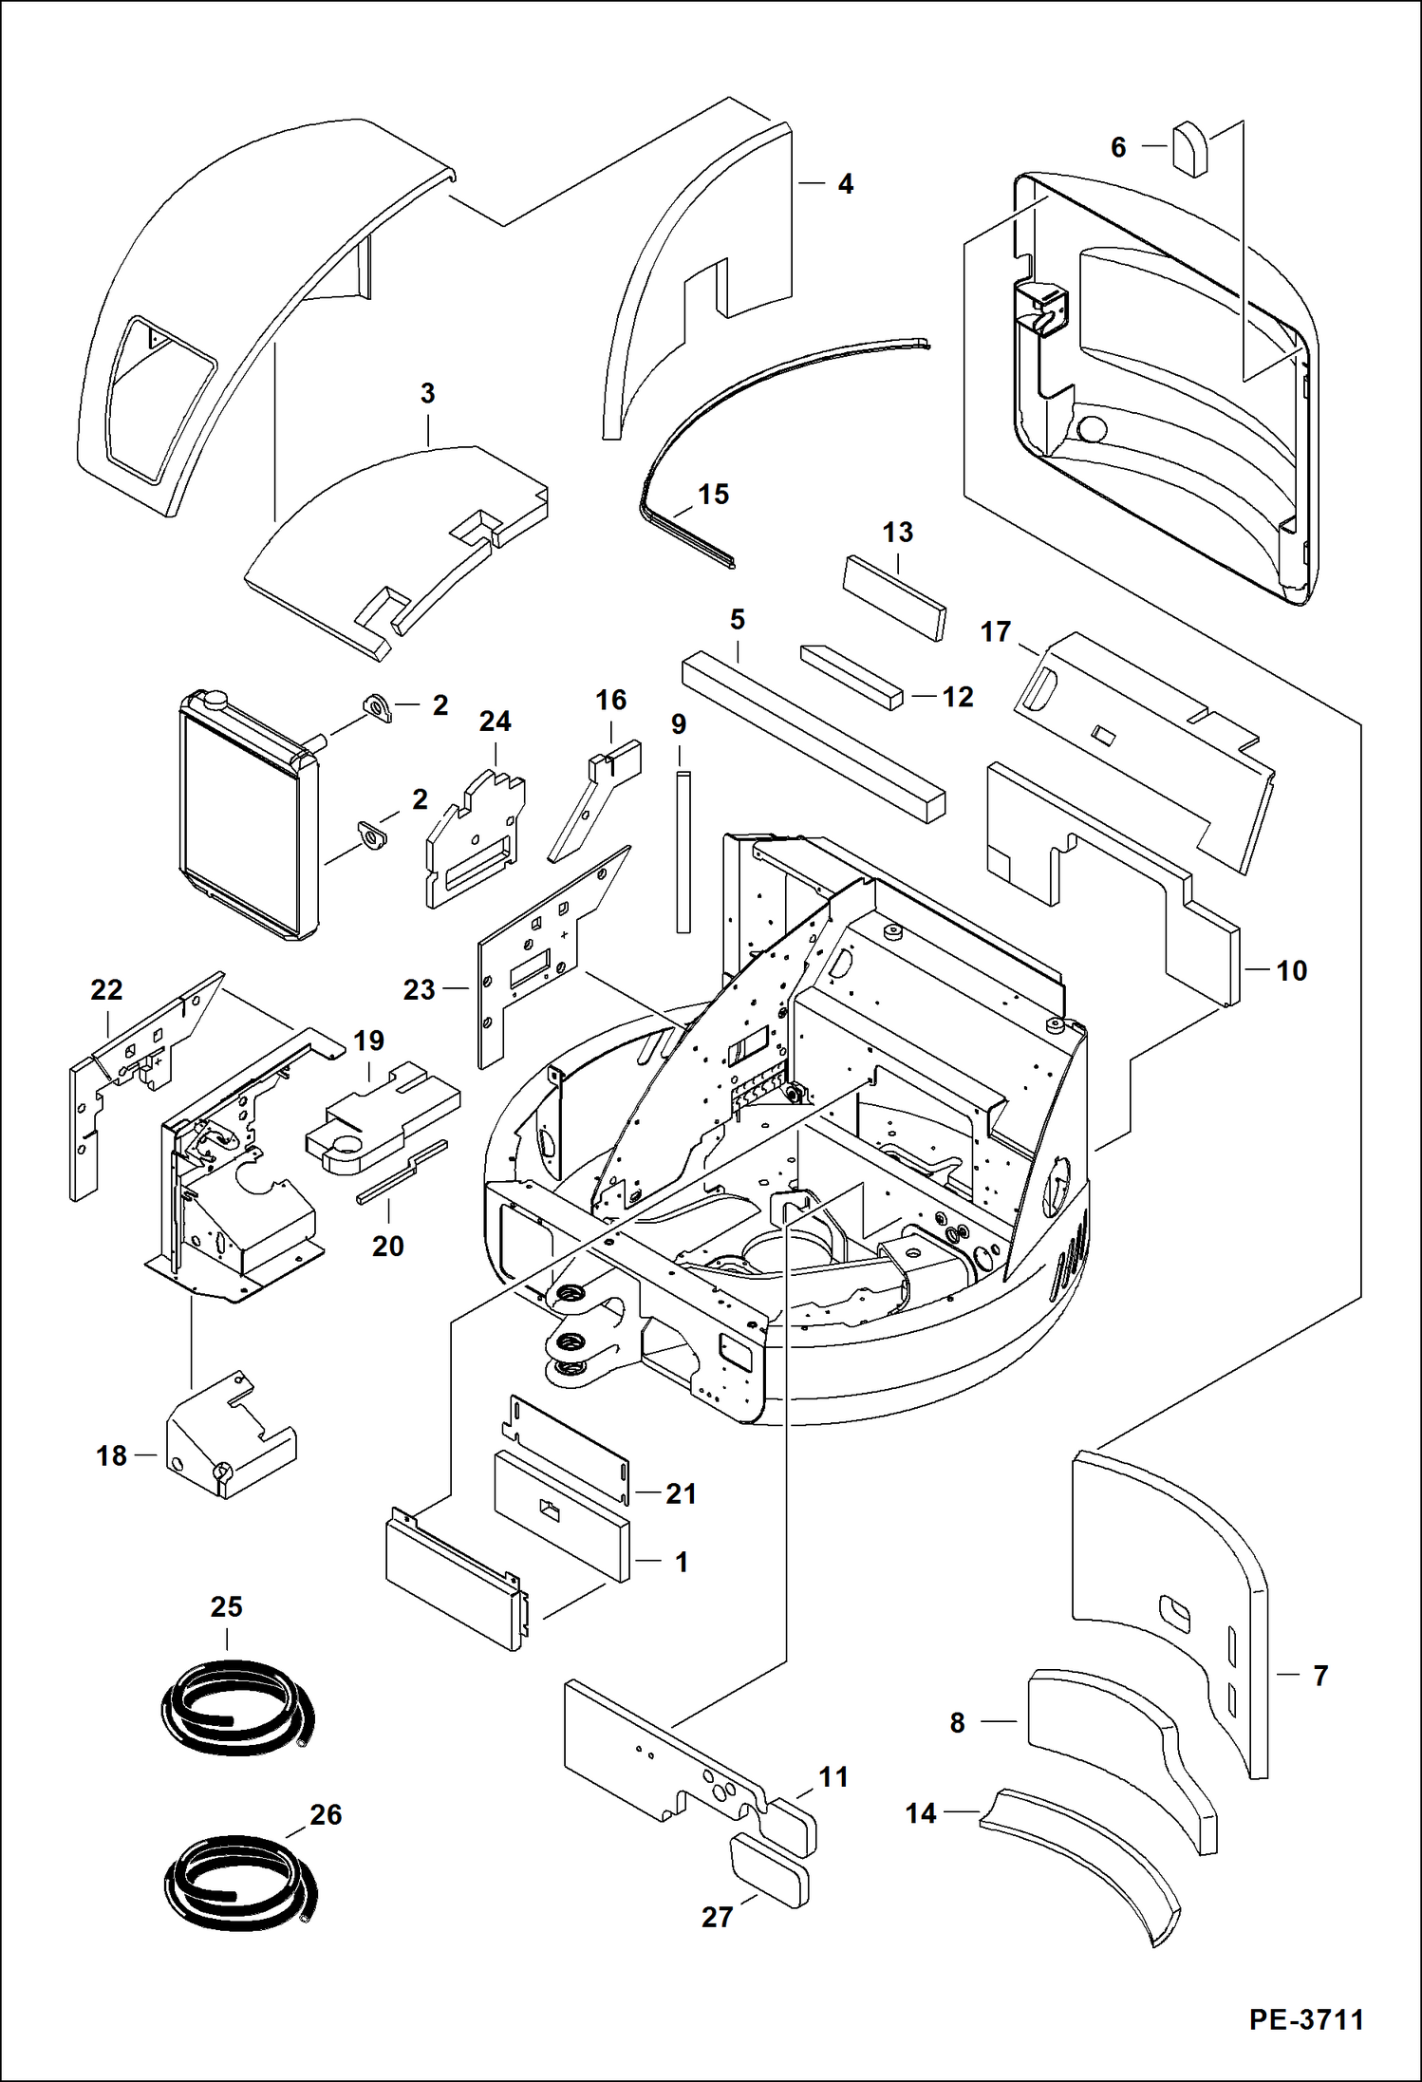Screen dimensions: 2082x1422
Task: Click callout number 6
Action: (x=1118, y=147)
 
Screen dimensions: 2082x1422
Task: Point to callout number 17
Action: (x=995, y=631)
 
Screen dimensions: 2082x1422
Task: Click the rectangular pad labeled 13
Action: (x=895, y=598)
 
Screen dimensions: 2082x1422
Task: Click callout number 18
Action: (x=111, y=1455)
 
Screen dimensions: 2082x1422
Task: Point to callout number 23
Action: (x=419, y=989)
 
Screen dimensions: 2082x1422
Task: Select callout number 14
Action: (x=920, y=1813)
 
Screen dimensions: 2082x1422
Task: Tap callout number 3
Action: (x=427, y=393)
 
